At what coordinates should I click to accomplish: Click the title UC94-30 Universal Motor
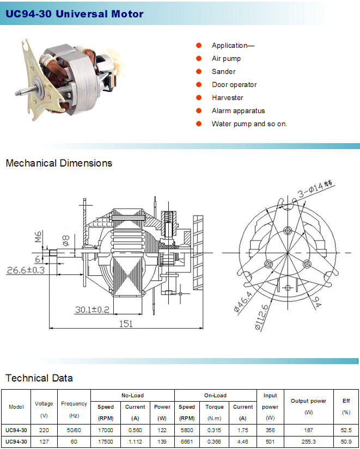point(75,14)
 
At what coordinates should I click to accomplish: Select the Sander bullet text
point(223,72)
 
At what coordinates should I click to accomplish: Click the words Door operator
point(234,85)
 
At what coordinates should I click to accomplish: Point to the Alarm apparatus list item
point(238,111)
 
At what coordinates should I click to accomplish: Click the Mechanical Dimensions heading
point(59,163)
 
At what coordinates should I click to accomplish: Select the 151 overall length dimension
point(126,324)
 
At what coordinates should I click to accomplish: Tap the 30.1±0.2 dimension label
point(92,310)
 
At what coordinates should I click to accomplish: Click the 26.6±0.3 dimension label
point(26,270)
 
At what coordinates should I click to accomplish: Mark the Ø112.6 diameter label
point(261,317)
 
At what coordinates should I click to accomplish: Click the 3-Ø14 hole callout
point(315,189)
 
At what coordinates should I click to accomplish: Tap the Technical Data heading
point(39,378)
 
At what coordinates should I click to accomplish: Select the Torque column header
point(215,407)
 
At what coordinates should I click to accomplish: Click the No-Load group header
point(132,396)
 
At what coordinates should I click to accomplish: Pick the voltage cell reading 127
point(44,441)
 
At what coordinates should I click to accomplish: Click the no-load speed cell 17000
point(106,430)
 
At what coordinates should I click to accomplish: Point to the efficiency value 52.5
point(346,430)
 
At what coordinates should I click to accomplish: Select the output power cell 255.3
point(308,441)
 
